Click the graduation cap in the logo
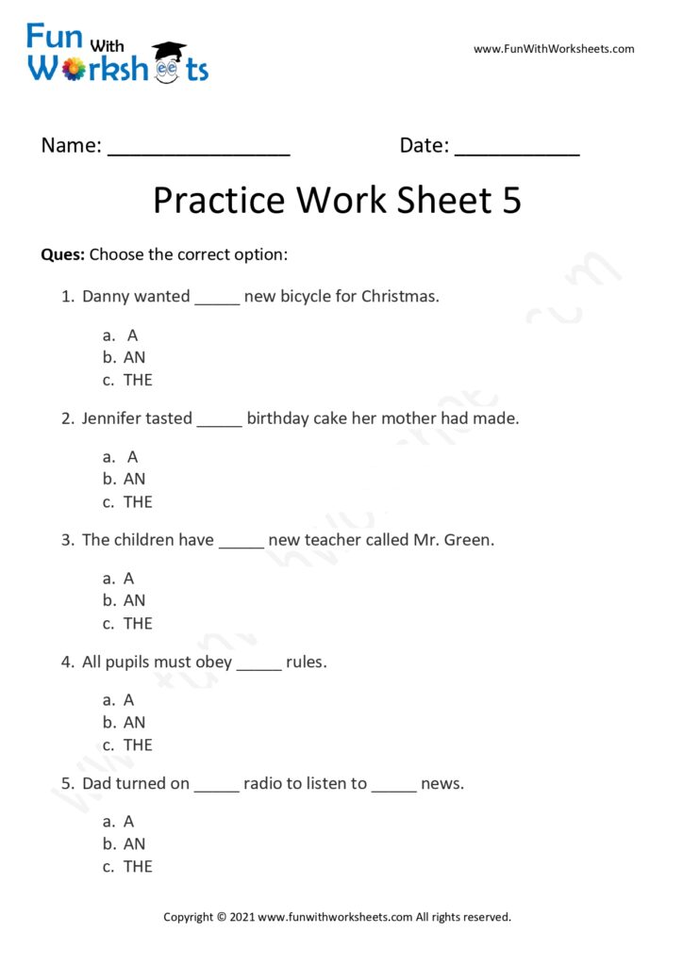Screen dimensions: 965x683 (169, 50)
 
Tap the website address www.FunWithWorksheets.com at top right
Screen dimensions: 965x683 (554, 49)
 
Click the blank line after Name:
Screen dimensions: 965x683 (199, 151)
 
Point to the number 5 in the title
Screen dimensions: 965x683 (509, 201)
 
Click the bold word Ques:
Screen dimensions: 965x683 (63, 254)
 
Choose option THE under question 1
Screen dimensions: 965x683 (138, 380)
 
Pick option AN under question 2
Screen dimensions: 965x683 (134, 479)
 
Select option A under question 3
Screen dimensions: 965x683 (129, 578)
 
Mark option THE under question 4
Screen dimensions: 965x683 (138, 744)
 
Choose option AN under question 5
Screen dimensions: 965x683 (134, 843)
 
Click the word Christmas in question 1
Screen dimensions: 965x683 (400, 296)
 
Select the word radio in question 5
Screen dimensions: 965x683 (264, 783)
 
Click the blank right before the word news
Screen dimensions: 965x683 (393, 787)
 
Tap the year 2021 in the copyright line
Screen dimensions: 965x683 (242, 916)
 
